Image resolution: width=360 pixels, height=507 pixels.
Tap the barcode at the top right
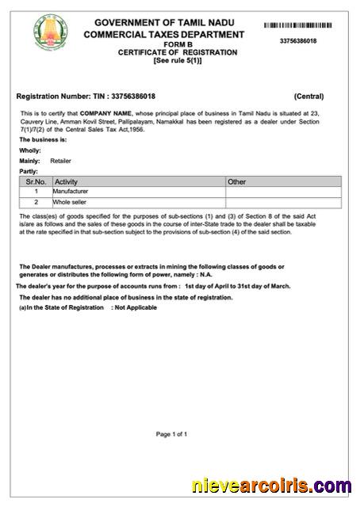point(304,26)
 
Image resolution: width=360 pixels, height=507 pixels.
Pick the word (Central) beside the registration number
point(308,97)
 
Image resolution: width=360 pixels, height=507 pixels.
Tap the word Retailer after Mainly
point(60,160)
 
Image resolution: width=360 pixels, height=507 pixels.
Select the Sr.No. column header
point(36,181)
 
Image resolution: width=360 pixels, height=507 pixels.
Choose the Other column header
point(237,181)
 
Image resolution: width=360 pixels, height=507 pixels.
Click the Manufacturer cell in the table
point(71,192)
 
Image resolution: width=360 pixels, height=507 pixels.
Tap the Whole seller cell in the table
point(70,202)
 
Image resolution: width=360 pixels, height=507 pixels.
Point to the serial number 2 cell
point(36,202)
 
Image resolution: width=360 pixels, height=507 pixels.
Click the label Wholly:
point(30,150)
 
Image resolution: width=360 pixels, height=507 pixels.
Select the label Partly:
point(29,170)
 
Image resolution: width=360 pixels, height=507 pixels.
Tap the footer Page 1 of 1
point(172,434)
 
